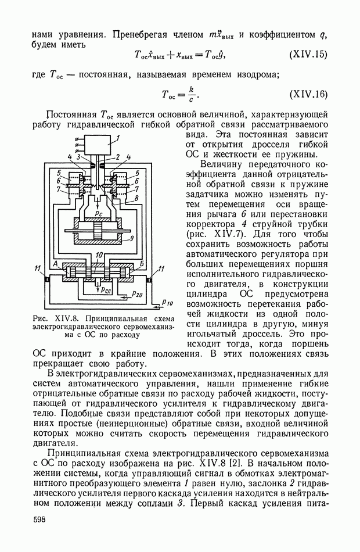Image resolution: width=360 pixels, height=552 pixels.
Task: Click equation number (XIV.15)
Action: click(308, 55)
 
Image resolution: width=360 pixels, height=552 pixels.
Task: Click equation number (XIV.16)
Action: click(308, 94)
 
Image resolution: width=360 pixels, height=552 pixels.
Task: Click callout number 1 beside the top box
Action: click(117, 138)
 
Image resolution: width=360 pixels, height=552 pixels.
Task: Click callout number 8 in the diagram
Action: click(136, 198)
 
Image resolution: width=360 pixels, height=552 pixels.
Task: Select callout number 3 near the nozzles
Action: click(78, 157)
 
